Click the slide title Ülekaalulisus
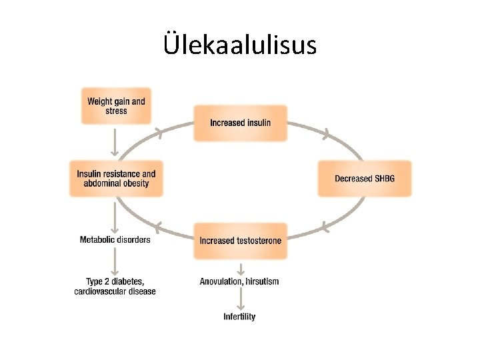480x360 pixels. click(240, 45)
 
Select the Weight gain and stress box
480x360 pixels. click(116, 106)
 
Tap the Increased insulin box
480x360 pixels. click(240, 123)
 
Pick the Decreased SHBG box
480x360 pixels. click(364, 179)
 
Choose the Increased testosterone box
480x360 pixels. click(240, 240)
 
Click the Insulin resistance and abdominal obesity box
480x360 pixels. click(116, 179)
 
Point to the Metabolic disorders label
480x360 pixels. click(115, 239)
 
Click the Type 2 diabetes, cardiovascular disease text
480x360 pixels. click(115, 286)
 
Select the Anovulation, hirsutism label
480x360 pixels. click(239, 281)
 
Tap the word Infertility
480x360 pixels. click(239, 317)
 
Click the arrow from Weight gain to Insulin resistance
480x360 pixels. click(115, 142)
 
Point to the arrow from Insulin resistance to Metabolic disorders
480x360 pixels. click(115, 215)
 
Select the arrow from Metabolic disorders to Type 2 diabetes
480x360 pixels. click(115, 261)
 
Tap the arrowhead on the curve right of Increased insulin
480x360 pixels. click(325, 135)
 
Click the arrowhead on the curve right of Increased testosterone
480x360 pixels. click(324, 227)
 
